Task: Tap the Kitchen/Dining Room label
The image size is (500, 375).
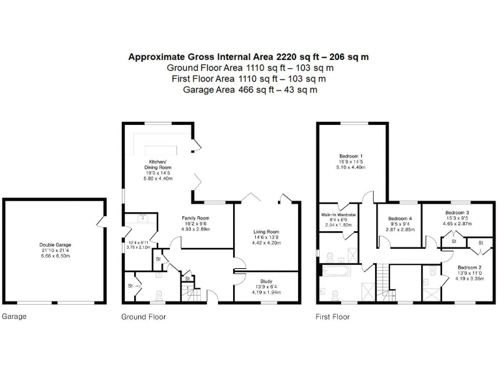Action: click(157, 164)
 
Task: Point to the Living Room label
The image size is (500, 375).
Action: click(266, 232)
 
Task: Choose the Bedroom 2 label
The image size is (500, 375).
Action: click(469, 268)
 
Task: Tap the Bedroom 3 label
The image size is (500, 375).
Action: click(457, 213)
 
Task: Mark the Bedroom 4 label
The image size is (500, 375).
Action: click(400, 219)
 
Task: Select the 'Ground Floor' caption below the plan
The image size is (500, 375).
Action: click(143, 317)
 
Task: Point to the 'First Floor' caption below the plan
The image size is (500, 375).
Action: click(333, 317)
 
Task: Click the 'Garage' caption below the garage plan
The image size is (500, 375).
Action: click(14, 317)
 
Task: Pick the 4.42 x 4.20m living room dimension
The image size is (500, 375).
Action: click(266, 243)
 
